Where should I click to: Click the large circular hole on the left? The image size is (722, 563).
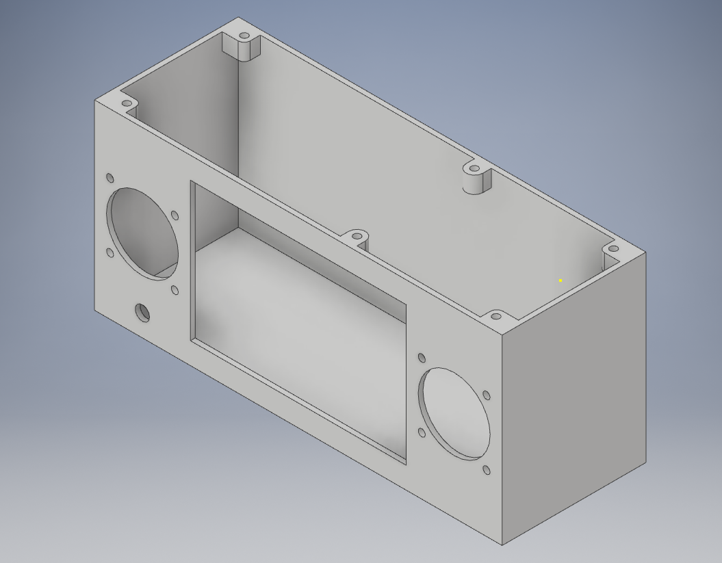pos(142,233)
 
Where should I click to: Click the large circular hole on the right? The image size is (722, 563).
pos(455,413)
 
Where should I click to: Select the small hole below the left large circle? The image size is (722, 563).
pos(142,313)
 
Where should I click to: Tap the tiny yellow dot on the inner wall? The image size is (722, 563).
pos(560,280)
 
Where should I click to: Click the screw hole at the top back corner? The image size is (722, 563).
pos(244,35)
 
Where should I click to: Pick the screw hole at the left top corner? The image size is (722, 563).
pos(127,103)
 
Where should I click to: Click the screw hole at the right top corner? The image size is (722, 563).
pos(613,249)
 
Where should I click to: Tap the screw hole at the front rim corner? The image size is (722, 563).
pos(496,317)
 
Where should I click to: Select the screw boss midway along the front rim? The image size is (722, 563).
pos(357,237)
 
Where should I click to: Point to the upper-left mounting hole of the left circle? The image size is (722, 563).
pos(110,179)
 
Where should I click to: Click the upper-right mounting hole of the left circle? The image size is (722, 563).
pos(175,215)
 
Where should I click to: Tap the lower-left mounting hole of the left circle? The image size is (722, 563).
pos(110,253)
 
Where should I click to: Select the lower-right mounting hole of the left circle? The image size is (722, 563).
pos(175,291)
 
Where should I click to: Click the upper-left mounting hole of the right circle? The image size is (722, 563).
pos(422,358)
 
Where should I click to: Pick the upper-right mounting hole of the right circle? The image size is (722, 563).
pos(487,395)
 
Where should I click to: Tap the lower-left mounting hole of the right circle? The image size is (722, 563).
pos(422,432)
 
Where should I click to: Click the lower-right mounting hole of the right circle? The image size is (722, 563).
pos(487,470)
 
